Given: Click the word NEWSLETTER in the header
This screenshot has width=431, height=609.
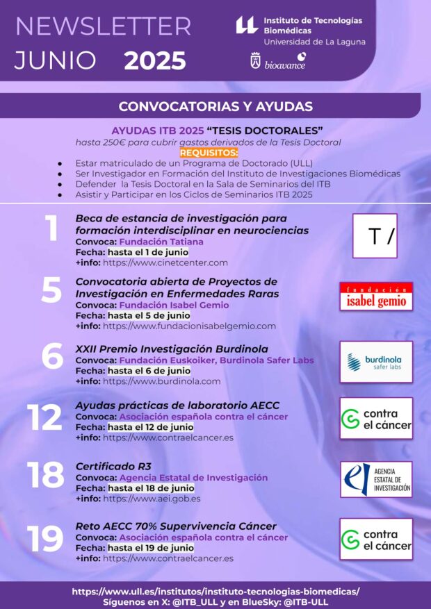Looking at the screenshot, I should [x=103, y=26].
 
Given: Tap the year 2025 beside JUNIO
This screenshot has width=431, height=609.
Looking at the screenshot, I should [x=154, y=61].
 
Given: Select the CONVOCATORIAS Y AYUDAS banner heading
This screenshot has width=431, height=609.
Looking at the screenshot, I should [x=215, y=107].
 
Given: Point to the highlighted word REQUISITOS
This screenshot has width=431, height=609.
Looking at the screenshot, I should [x=209, y=153].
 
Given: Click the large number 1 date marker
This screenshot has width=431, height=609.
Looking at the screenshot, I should [x=51, y=230].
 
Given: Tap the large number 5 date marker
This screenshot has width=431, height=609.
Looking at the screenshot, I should [x=51, y=292].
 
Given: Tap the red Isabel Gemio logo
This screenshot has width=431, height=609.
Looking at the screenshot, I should [x=376, y=297].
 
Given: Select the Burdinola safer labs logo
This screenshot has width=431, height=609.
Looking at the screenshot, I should [x=376, y=362].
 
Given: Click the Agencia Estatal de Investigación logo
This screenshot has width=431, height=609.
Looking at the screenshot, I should [x=376, y=479].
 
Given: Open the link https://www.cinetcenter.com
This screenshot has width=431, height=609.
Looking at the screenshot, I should [x=165, y=262].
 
